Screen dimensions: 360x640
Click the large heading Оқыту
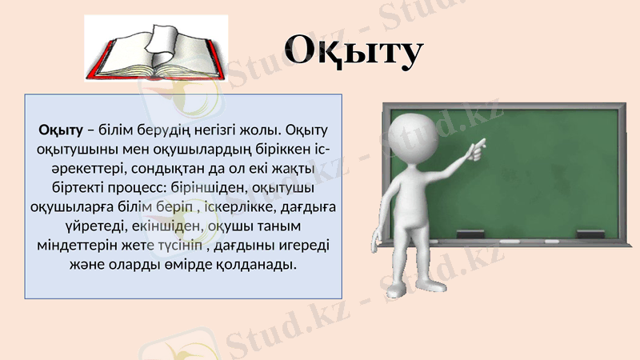tap(353, 50)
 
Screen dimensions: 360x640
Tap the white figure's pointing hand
tap(477, 146)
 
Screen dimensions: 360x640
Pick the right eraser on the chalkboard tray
tap(590, 234)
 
